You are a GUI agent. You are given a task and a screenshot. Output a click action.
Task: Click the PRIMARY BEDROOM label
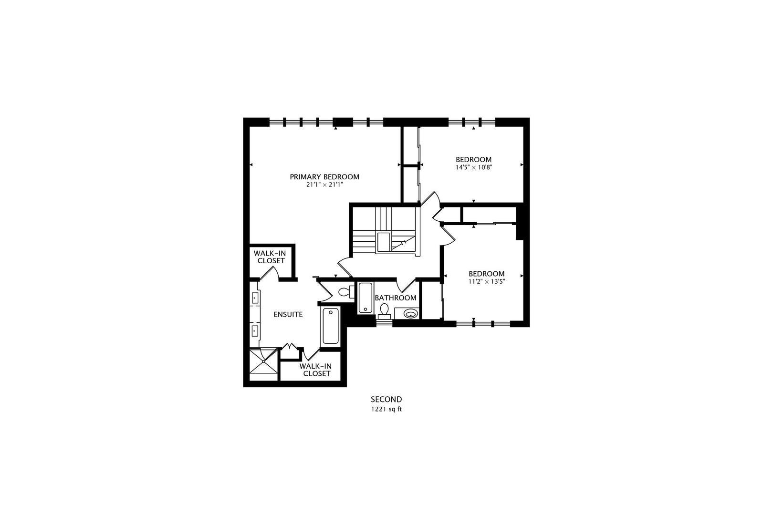tap(324, 177)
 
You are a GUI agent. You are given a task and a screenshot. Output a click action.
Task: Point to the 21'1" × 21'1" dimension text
tap(324, 185)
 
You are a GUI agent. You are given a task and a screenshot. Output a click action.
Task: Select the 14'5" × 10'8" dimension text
tap(473, 168)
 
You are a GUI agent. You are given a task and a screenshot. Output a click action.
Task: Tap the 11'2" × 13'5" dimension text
tap(487, 281)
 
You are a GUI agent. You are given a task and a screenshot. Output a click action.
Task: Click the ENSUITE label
tap(288, 315)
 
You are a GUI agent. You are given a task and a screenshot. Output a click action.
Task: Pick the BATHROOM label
tap(396, 298)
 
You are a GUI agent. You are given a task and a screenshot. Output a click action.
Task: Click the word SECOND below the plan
tap(386, 400)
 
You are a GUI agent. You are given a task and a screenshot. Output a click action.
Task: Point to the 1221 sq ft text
tap(386, 410)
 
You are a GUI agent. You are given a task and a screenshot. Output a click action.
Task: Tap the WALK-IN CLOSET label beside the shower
tap(316, 370)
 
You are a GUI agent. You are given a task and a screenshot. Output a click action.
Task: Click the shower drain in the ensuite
tap(264, 361)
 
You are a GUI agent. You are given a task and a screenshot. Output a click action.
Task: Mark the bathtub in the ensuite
tap(331, 326)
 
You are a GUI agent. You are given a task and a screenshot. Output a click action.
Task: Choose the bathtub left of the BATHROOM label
tap(365, 298)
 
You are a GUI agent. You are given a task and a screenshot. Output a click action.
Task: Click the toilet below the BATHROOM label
tap(384, 311)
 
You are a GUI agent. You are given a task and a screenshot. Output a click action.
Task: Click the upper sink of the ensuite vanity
tap(255, 298)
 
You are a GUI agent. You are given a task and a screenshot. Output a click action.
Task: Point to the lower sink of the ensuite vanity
tap(255, 330)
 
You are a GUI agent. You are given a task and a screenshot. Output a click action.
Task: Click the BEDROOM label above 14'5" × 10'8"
tap(473, 160)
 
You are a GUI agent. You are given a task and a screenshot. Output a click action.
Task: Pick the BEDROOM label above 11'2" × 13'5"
tap(487, 274)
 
